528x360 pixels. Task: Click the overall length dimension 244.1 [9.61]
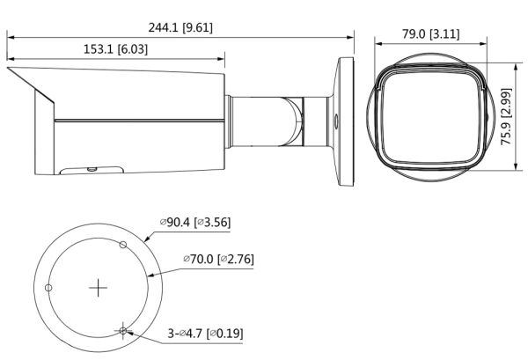[x=181, y=27]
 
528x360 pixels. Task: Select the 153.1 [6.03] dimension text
[x=115, y=49]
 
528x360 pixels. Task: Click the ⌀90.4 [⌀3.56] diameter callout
[x=194, y=223]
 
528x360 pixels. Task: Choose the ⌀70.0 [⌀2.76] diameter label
[x=218, y=261]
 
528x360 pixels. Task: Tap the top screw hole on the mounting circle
[x=123, y=244]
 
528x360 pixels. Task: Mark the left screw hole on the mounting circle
[x=49, y=288]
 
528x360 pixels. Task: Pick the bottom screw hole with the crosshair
[x=123, y=330]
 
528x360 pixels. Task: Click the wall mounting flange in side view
[x=344, y=122]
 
